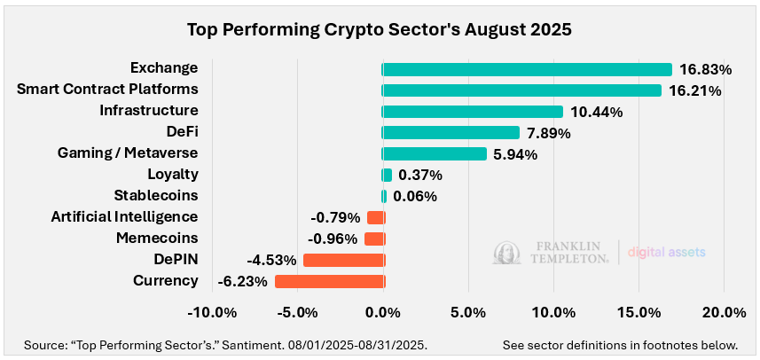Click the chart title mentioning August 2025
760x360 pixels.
point(380,28)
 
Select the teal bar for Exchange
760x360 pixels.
point(527,69)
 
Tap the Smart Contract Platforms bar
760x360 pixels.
point(521,90)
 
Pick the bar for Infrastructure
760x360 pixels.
point(473,112)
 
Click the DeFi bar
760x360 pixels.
point(451,133)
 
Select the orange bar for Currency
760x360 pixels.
point(329,281)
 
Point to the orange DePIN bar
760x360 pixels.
point(343,260)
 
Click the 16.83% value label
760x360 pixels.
point(705,69)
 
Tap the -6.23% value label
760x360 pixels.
point(243,281)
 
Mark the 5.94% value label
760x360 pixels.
point(516,154)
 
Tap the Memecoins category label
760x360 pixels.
point(157,239)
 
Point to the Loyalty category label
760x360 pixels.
point(173,175)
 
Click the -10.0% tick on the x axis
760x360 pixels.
point(213,313)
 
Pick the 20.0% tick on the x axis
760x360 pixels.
point(724,313)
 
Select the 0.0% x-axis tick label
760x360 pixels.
point(383,313)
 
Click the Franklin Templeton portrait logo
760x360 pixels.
point(505,253)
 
